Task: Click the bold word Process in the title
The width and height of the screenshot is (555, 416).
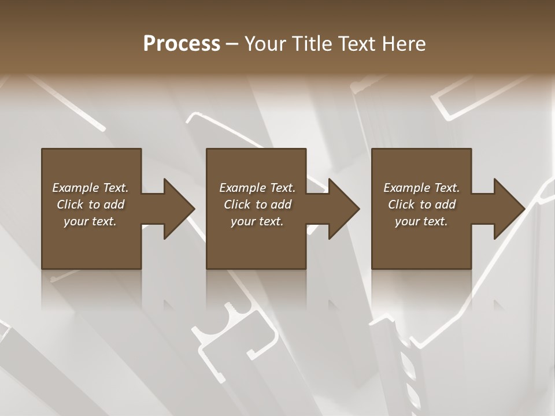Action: click(182, 44)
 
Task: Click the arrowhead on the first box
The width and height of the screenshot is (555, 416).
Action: click(177, 209)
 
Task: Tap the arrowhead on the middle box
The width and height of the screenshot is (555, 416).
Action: click(342, 209)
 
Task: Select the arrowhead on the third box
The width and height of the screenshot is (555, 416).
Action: click(507, 209)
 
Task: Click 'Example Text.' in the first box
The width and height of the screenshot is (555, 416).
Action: click(90, 188)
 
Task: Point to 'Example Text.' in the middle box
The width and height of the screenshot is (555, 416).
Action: click(257, 188)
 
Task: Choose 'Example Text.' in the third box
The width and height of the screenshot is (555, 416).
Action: click(421, 188)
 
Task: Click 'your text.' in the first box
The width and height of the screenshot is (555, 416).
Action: click(90, 221)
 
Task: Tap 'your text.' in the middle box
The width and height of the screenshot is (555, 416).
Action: click(257, 221)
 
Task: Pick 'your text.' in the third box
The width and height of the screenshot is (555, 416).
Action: click(421, 221)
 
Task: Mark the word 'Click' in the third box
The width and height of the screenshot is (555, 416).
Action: click(401, 205)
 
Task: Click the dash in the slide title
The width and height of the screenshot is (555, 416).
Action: click(232, 44)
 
